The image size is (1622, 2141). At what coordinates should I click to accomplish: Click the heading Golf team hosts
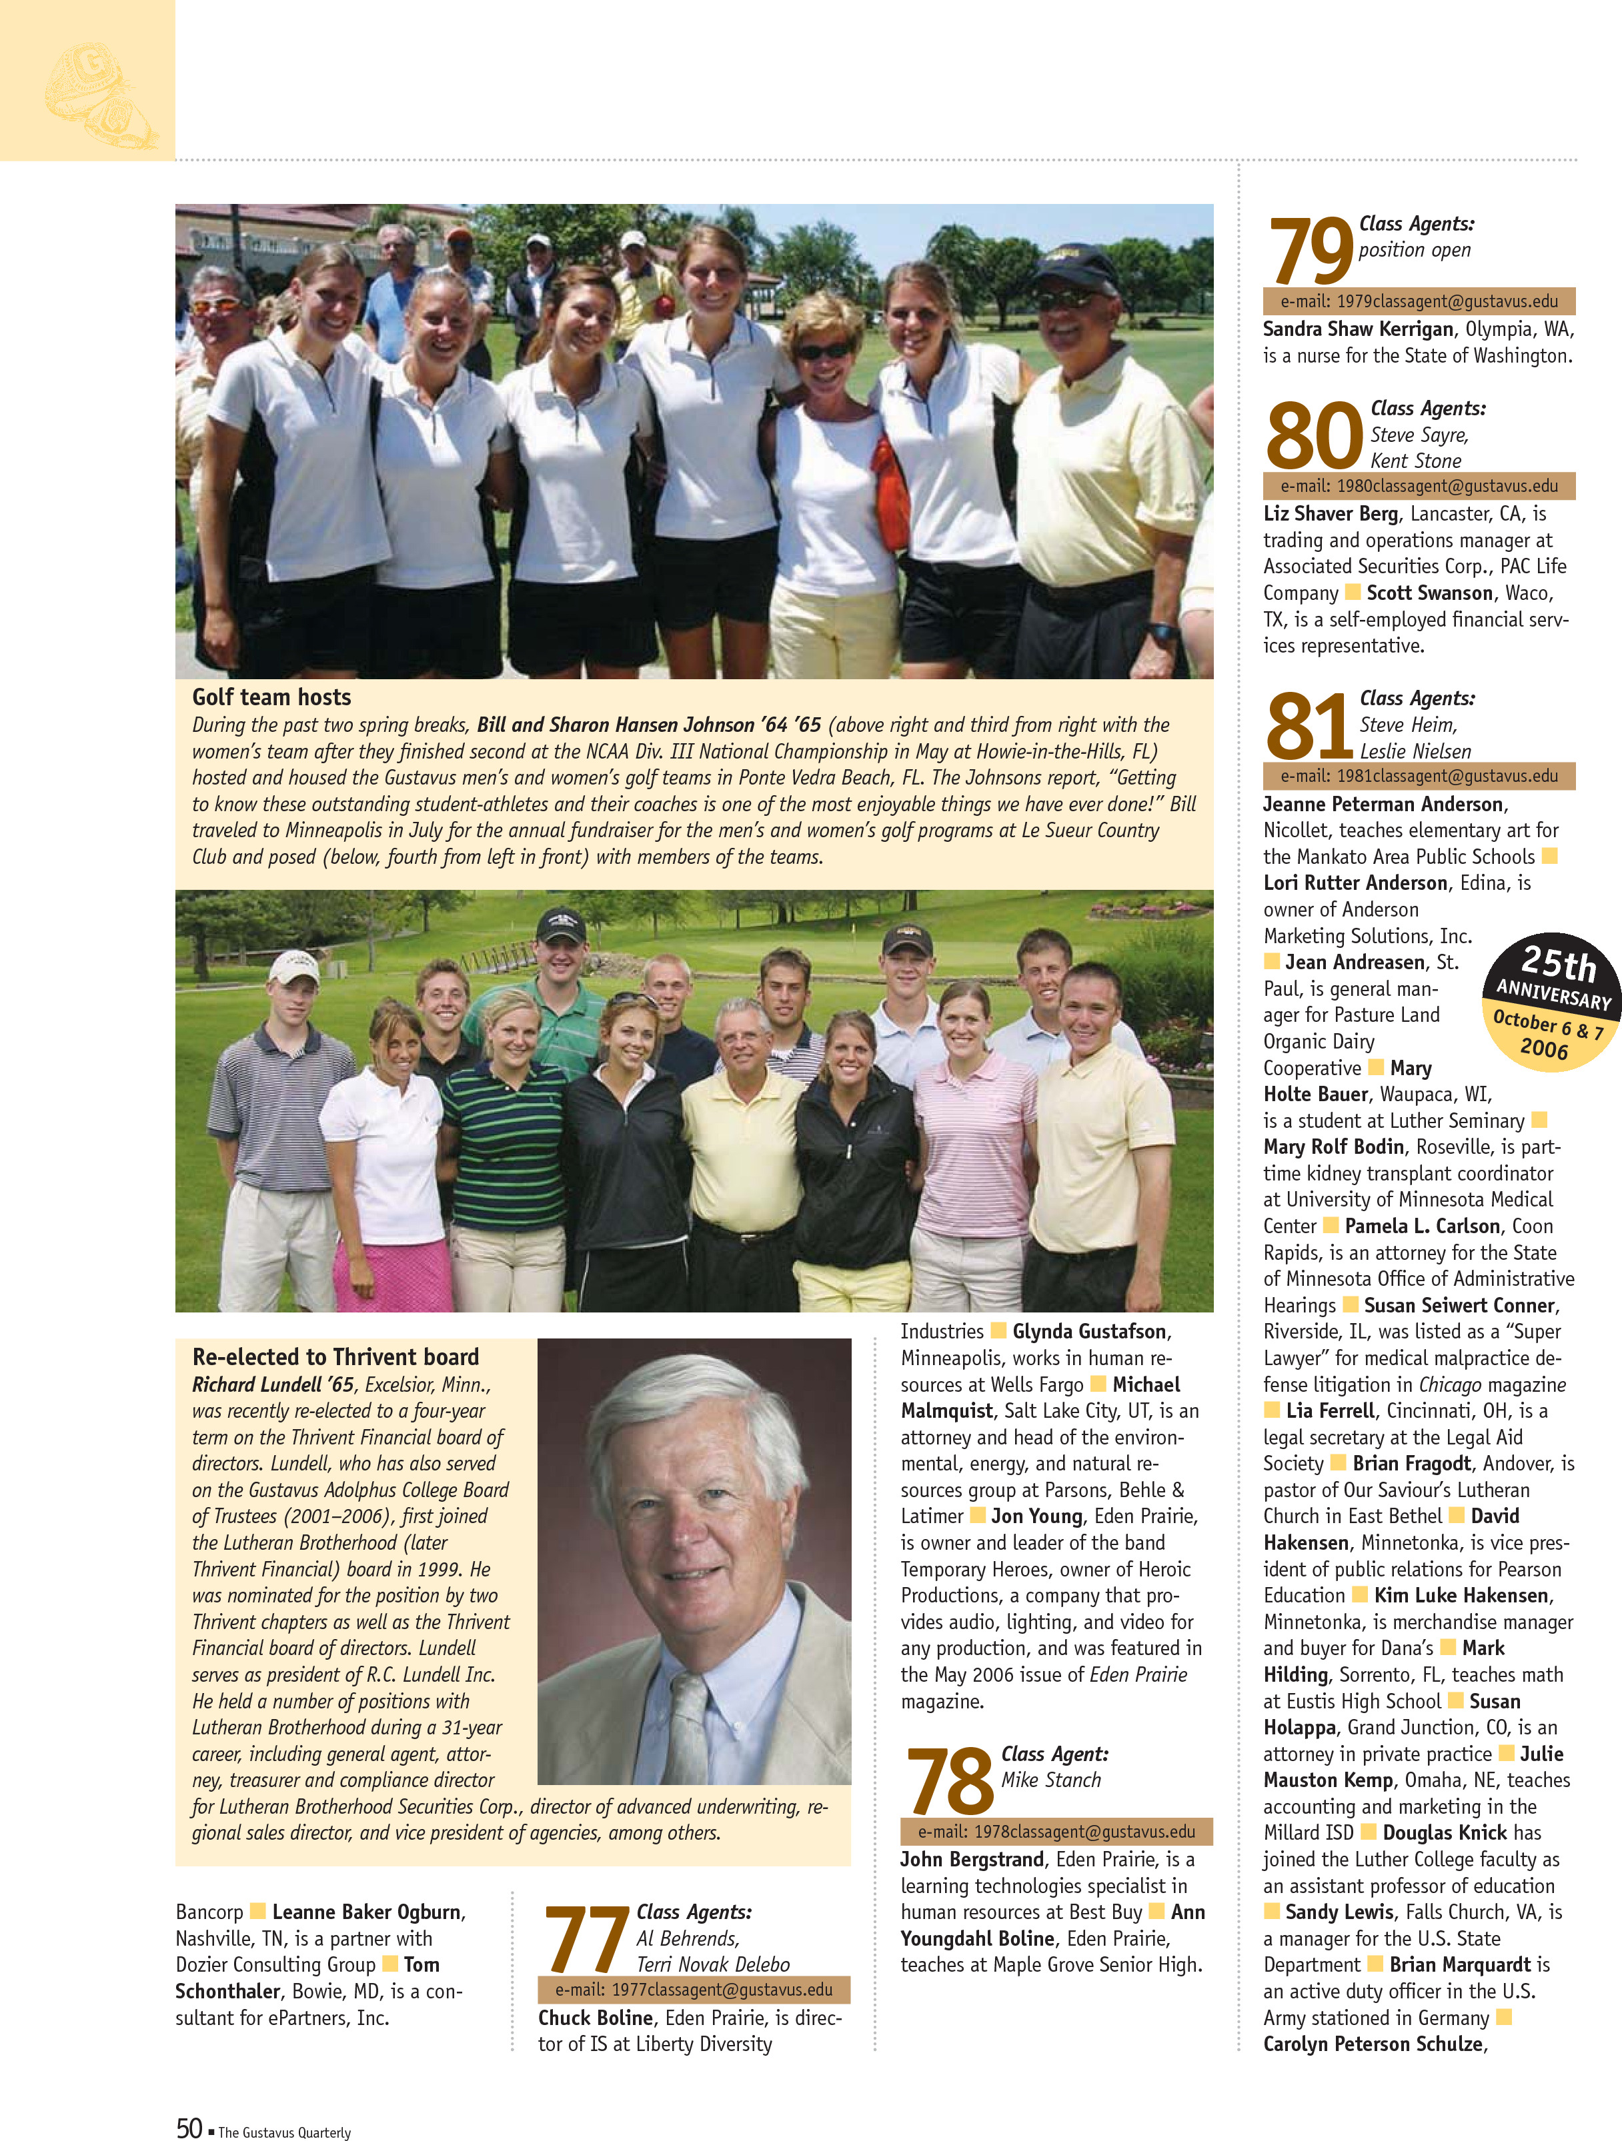pos(271,697)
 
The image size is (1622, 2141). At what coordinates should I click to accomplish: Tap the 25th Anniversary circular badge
pos(1551,1003)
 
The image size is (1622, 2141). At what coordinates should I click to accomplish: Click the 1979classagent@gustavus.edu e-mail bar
pos(1419,301)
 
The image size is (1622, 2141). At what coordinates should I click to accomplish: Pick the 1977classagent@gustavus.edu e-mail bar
pos(694,1990)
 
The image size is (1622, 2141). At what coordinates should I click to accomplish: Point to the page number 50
pos(189,2128)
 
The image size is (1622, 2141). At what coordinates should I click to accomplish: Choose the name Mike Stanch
pos(1050,1780)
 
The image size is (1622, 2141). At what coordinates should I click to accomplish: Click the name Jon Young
pos(1036,1516)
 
